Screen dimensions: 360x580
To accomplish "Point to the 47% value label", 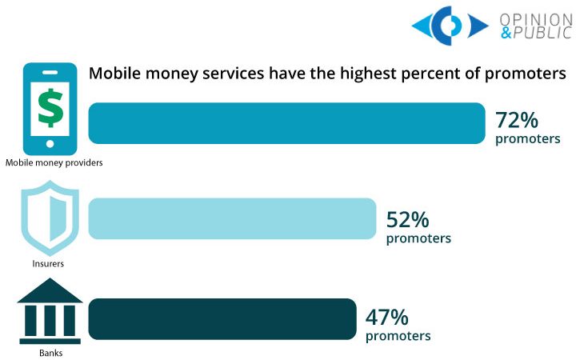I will click(386, 315).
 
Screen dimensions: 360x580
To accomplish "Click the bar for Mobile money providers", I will click(286, 123).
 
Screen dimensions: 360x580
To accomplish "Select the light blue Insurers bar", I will click(231, 218).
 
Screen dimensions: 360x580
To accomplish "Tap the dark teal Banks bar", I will click(222, 318).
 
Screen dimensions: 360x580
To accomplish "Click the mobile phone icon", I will click(50, 107).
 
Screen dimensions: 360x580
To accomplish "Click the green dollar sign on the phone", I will click(50, 107).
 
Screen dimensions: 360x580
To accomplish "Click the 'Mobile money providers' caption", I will click(54, 162).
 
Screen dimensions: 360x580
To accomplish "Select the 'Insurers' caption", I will click(50, 262).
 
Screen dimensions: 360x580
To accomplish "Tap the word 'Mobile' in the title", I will click(114, 74).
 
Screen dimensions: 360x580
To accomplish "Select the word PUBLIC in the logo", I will click(544, 34).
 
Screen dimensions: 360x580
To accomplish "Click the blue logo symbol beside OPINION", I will click(450, 26).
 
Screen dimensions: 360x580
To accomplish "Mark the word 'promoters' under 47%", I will click(398, 335).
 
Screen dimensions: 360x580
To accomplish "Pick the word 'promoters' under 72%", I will click(527, 139).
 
